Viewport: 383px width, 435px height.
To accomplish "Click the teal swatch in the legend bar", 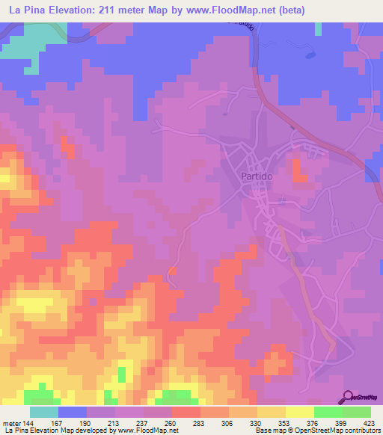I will coord(43,412).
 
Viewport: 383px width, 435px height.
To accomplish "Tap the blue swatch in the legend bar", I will coord(72,412).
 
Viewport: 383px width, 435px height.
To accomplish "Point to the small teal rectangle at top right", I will coord(318,28).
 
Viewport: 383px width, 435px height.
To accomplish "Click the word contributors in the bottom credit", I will coord(360,431).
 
